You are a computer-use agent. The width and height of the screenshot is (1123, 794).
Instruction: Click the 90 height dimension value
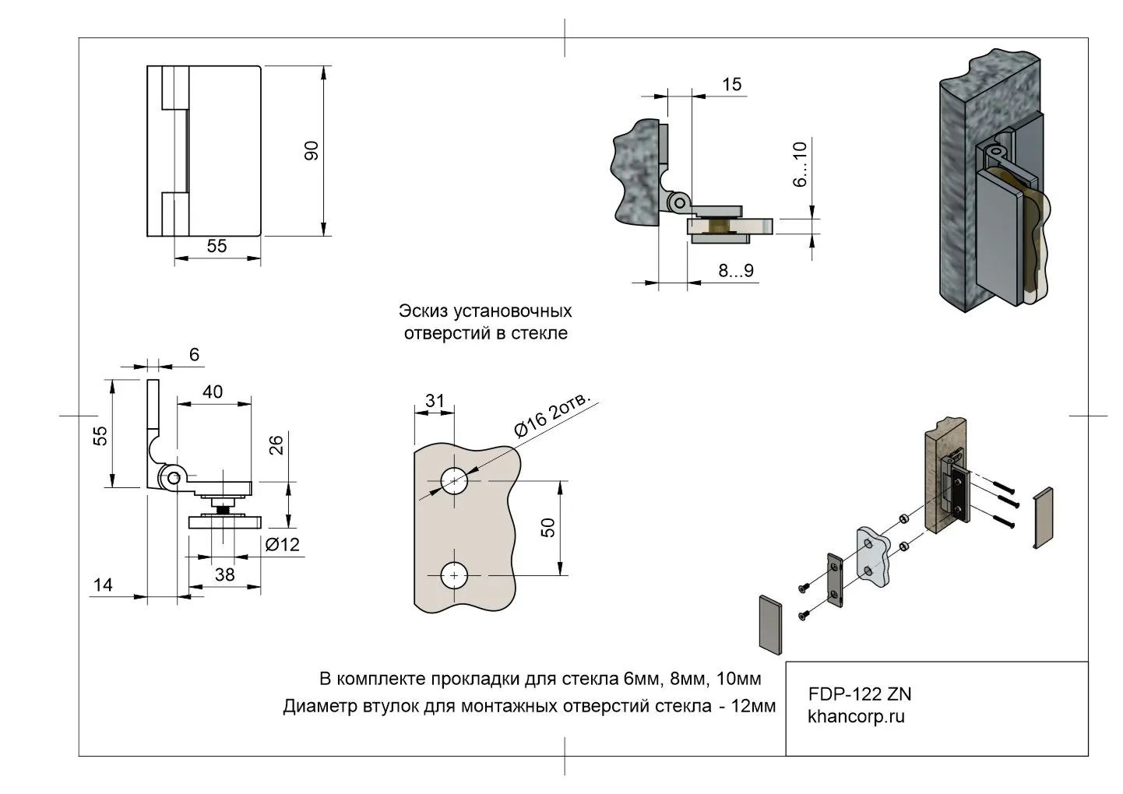[312, 150]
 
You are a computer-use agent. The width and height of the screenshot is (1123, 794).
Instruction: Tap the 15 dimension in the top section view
[731, 84]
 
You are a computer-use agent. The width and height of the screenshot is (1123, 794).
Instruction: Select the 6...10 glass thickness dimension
[800, 164]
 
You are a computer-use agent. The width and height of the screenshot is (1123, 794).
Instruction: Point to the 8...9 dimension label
[735, 271]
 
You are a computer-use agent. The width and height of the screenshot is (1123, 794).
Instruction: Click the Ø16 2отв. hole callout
[553, 415]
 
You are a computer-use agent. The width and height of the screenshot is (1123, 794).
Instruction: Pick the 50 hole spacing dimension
[548, 527]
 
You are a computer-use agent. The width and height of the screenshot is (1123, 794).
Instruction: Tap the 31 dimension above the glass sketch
[435, 401]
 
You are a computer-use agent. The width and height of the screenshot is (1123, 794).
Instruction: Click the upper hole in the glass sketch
[453, 481]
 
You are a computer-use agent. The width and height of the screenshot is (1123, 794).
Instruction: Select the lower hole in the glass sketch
[453, 576]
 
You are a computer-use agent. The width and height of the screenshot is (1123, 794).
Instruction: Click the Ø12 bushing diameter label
[282, 545]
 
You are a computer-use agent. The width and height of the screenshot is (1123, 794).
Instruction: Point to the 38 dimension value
[224, 574]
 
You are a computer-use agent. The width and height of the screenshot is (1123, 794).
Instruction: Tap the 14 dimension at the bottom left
[103, 584]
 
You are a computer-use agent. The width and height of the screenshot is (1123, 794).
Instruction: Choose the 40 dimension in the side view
[212, 392]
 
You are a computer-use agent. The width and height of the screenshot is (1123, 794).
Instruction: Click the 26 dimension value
[276, 445]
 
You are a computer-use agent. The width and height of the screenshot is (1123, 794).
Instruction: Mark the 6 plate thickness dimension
[194, 355]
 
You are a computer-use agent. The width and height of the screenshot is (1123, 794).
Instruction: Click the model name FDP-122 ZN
[860, 694]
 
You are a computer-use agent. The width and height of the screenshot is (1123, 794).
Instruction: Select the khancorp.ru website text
[856, 717]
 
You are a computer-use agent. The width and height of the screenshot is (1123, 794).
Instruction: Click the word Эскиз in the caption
[424, 311]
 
